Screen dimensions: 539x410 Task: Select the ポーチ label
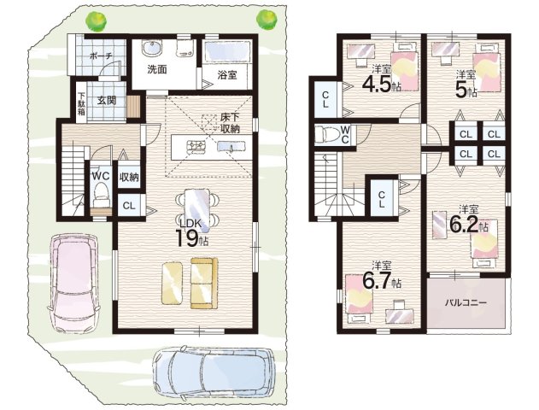101,56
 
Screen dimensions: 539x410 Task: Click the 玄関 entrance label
106,100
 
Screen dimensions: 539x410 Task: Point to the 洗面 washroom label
157,69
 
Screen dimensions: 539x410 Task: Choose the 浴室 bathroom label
227,75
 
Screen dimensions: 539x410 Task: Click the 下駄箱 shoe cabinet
81,103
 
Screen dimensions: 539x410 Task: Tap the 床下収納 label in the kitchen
230,123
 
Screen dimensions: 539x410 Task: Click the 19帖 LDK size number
191,237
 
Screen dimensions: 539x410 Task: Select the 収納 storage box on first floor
129,178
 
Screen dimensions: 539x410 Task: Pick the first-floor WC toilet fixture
101,194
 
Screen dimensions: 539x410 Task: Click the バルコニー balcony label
466,302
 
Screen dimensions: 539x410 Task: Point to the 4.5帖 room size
382,85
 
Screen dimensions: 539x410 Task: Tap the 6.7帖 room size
382,283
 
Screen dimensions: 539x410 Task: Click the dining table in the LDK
196,208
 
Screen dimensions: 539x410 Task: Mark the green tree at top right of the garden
267,20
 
